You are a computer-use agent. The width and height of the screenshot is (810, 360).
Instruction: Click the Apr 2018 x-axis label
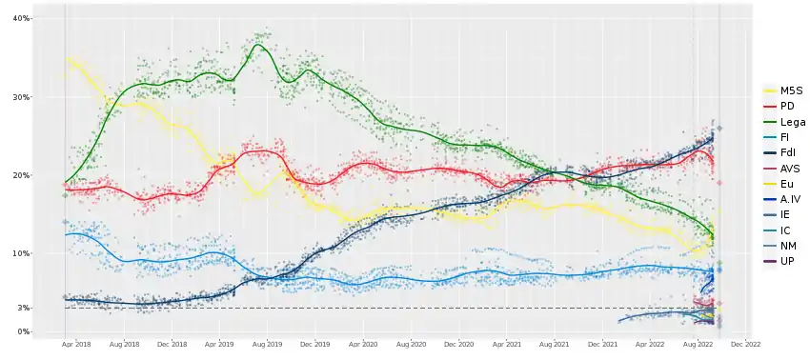[x=76, y=343]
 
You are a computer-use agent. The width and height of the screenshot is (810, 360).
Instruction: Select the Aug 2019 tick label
[x=268, y=343]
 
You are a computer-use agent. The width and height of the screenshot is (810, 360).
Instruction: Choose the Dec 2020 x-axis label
[x=458, y=343]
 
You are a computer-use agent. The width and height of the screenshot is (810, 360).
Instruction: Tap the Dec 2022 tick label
[x=746, y=343]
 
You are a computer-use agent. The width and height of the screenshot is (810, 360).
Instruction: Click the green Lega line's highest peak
[x=258, y=45]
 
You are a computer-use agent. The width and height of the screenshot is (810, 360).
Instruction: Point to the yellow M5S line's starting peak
[x=69, y=59]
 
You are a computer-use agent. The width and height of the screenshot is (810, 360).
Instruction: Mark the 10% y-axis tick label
[x=24, y=253]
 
